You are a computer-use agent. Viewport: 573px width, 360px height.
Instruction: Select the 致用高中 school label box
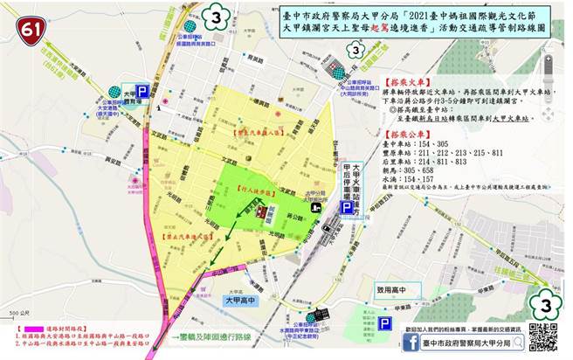(x=385, y=287)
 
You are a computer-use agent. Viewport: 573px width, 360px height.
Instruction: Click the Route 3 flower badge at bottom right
(x=547, y=308)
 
